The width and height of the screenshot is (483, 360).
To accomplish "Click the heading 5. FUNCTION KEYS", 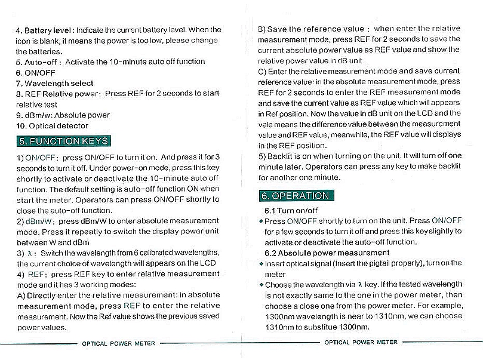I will [63, 141].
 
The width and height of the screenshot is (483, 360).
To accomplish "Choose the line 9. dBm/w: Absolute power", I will [63, 115].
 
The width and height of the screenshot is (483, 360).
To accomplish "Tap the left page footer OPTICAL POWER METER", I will [118, 343].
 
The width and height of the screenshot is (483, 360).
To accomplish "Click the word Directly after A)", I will [42, 296].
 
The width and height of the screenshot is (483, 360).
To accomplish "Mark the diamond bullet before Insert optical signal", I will [261, 263].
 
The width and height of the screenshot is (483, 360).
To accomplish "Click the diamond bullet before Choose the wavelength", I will [261, 285].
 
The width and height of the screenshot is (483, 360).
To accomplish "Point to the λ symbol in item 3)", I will [29, 253].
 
